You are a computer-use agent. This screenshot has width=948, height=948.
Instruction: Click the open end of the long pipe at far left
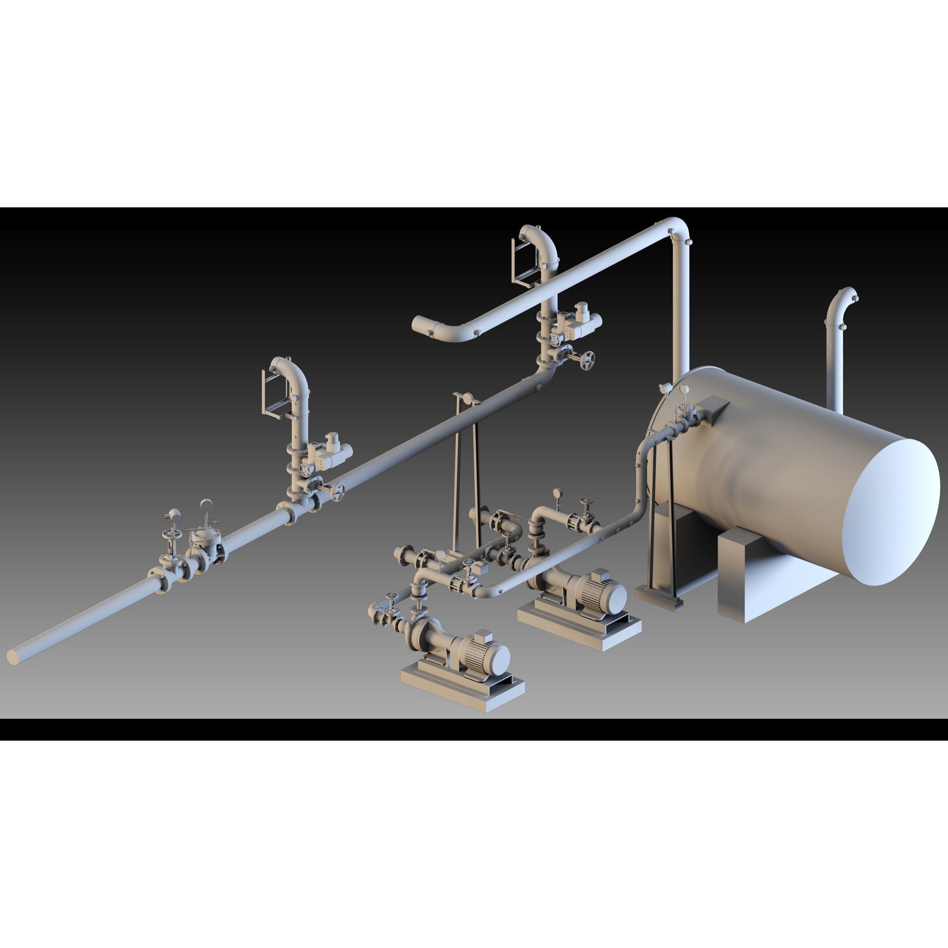point(13,658)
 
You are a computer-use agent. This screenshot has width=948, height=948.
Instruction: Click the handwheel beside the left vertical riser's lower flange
point(338,491)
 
